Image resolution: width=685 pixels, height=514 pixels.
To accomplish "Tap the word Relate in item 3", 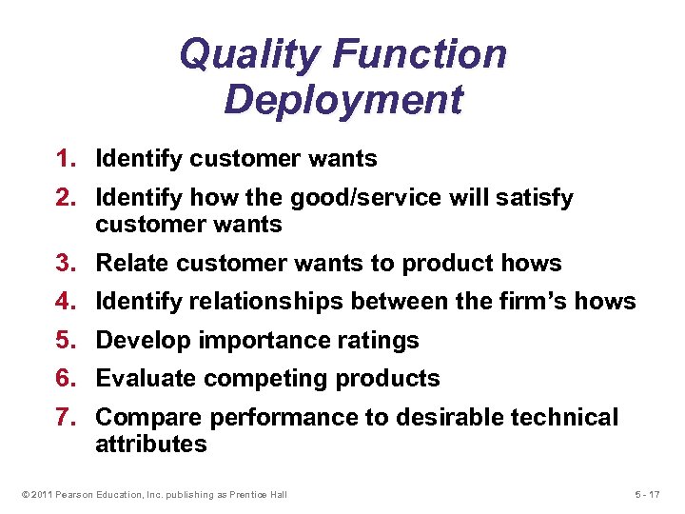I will click(130, 264).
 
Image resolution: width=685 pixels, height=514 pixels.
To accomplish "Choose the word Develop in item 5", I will click(139, 340).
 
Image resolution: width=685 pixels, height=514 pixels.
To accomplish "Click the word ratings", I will click(380, 340).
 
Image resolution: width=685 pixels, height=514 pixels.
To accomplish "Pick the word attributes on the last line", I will click(151, 444).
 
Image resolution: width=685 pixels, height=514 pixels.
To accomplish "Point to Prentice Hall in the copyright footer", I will click(257, 494).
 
